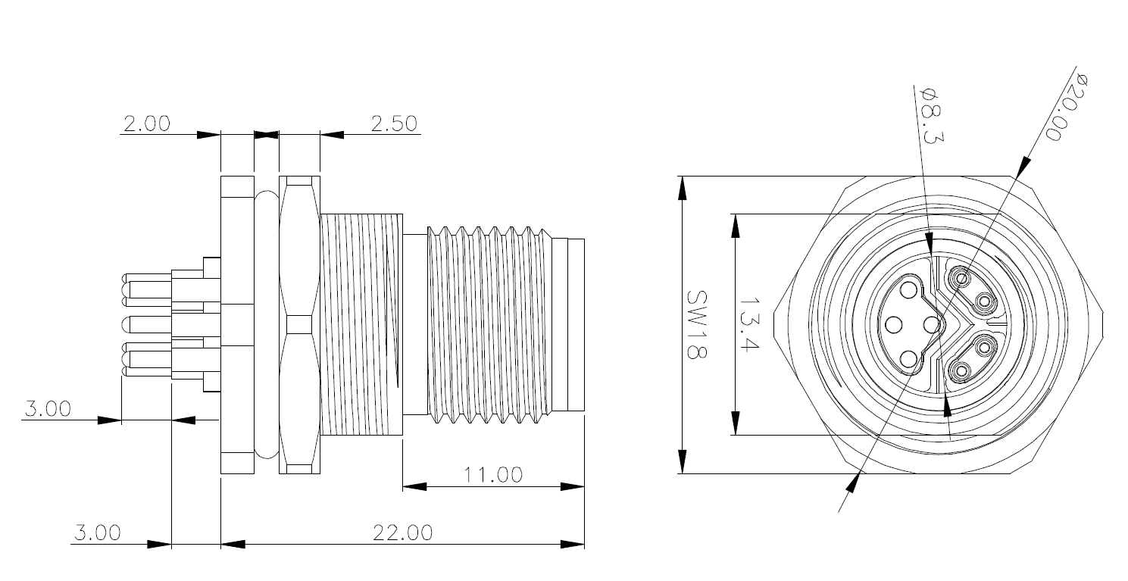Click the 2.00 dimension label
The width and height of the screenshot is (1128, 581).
(147, 124)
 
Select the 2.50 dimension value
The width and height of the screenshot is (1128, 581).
(394, 124)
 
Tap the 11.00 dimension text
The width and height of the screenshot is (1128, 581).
(493, 475)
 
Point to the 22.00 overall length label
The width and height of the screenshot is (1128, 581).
(403, 533)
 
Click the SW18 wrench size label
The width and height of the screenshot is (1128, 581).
(697, 325)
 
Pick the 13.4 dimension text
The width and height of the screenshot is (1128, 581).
(748, 324)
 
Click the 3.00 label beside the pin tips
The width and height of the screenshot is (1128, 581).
(48, 409)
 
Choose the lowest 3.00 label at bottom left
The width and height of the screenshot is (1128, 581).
(98, 533)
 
